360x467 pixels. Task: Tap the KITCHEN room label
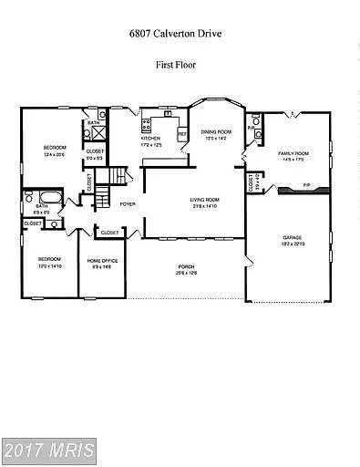point(150,140)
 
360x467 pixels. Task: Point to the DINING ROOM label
point(216,132)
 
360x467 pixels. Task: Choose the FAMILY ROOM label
point(293,154)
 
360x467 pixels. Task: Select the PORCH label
point(186,267)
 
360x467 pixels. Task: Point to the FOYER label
point(128,204)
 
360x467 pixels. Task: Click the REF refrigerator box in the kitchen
point(181,134)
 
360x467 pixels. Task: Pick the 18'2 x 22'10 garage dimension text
point(292,244)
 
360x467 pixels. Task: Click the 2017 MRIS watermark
point(49,451)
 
